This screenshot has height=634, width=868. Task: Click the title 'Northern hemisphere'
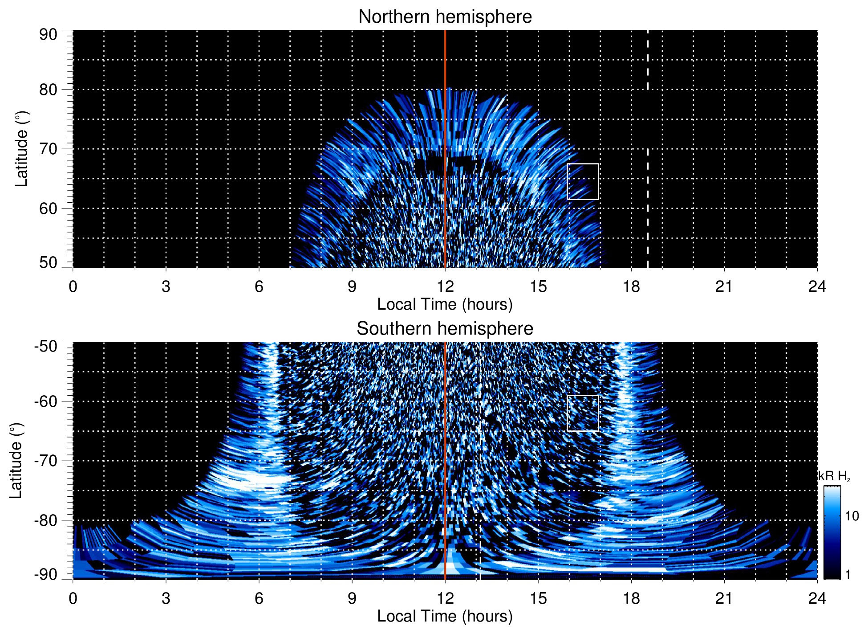(x=445, y=17)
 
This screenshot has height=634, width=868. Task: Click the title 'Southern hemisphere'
(x=445, y=329)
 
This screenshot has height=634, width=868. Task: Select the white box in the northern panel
(x=582, y=181)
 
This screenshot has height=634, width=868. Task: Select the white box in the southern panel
(x=582, y=413)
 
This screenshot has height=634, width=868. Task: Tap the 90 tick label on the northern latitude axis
(x=48, y=35)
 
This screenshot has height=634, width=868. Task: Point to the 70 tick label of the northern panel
(x=48, y=149)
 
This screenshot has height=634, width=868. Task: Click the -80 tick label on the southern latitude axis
(x=46, y=520)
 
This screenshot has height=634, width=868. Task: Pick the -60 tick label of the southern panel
(x=46, y=401)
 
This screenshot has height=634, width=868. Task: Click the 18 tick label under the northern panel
(x=631, y=286)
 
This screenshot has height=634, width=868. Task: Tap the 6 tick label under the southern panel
(x=259, y=598)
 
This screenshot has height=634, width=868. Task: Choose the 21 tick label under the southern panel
(x=724, y=598)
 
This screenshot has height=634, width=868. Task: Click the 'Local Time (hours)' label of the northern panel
(x=445, y=304)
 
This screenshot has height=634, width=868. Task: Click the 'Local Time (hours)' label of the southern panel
(x=445, y=616)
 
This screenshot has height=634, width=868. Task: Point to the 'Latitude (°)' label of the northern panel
(x=21, y=149)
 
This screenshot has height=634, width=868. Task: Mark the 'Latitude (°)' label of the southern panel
(x=16, y=461)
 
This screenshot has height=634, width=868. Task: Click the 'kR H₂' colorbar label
(x=834, y=476)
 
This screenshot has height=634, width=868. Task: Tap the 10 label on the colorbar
(x=852, y=516)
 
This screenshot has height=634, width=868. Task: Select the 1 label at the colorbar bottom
(x=848, y=575)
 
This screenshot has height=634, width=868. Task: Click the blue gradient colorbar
(x=831, y=532)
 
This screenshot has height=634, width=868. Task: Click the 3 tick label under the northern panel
(x=166, y=286)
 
